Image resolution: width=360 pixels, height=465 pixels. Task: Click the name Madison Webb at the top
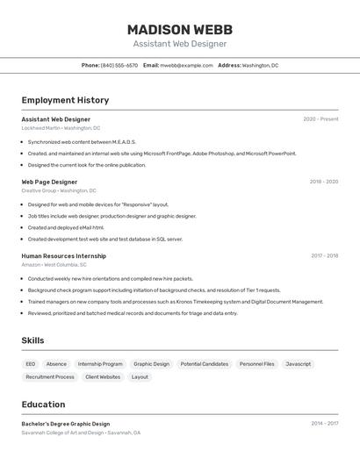click(180, 29)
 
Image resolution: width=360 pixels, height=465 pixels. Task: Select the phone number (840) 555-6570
click(119, 65)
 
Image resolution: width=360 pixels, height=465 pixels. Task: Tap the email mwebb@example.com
click(186, 65)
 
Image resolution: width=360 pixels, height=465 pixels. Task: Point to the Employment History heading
click(65, 100)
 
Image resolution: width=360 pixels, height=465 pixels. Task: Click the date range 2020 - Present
click(320, 119)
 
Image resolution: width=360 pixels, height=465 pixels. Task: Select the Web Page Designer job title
click(49, 182)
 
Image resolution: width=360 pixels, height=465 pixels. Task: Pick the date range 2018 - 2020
click(323, 182)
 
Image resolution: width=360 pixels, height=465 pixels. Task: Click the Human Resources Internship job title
click(63, 256)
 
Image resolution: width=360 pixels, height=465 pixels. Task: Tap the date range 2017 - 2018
click(324, 256)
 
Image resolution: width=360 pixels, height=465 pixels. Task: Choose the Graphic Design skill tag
click(151, 364)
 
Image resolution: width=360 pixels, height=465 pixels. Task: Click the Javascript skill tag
click(298, 364)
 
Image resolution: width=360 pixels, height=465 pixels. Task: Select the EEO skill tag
click(31, 364)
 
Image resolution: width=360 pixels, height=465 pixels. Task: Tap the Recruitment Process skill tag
click(50, 377)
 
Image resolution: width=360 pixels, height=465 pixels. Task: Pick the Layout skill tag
click(140, 377)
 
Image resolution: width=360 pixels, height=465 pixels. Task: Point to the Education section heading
click(43, 404)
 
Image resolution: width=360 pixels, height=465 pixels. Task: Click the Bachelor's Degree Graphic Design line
click(66, 424)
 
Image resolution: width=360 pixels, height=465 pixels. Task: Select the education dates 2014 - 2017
click(324, 424)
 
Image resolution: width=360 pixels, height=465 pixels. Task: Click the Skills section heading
click(32, 340)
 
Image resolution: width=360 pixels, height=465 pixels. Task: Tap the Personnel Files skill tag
click(256, 364)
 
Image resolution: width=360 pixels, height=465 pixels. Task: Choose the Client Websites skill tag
click(103, 377)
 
